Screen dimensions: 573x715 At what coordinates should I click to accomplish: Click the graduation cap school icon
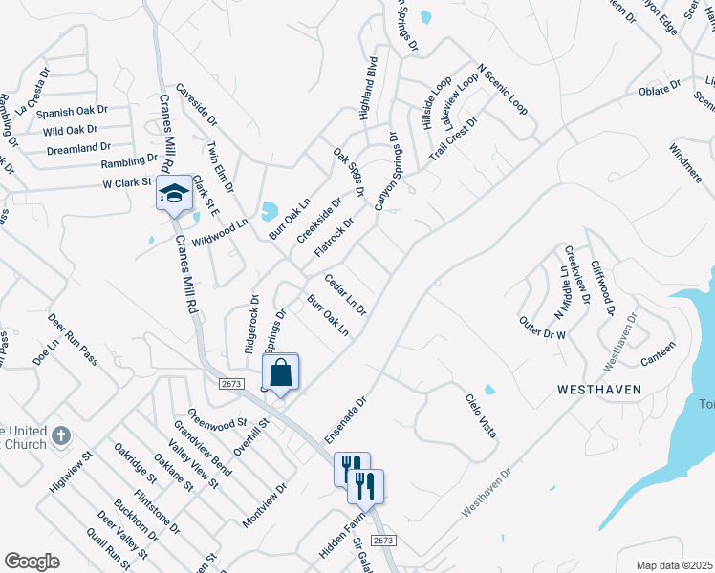(174, 195)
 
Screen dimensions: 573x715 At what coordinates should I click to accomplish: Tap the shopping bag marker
(280, 372)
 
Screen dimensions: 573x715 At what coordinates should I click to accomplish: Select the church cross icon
(61, 436)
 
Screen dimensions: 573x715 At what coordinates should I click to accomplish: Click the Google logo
(32, 562)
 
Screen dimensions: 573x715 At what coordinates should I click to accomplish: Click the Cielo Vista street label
(482, 416)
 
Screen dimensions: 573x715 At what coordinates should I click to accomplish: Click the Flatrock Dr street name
(335, 238)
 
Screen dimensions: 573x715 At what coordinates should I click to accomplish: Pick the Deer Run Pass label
(76, 340)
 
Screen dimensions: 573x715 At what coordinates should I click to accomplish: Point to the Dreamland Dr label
(78, 149)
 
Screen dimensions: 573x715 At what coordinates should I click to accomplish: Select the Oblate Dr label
(660, 91)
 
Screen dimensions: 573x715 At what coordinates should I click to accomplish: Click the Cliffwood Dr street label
(602, 286)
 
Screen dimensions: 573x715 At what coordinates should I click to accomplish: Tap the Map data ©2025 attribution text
(674, 565)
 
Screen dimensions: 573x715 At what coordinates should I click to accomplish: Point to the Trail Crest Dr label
(452, 138)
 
